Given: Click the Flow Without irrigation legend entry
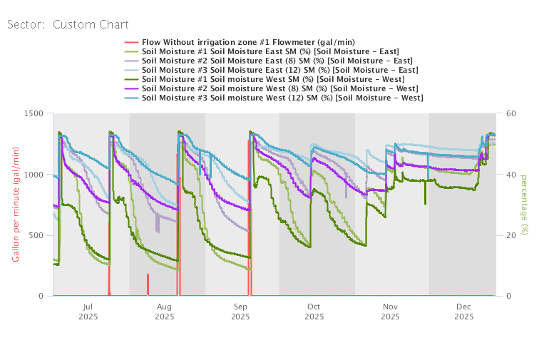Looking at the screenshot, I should point(248,42).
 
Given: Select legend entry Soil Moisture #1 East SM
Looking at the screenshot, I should point(270,51).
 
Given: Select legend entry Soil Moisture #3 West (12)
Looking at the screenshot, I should point(282,98).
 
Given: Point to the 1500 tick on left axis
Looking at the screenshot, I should point(33,113).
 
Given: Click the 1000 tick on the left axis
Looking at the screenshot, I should point(33,175).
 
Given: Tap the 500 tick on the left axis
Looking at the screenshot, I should point(36,235).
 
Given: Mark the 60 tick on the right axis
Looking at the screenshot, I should point(511,113).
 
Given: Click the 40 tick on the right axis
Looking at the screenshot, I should point(511,175).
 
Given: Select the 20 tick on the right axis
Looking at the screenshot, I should point(511,235).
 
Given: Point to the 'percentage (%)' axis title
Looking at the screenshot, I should point(525,204).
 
